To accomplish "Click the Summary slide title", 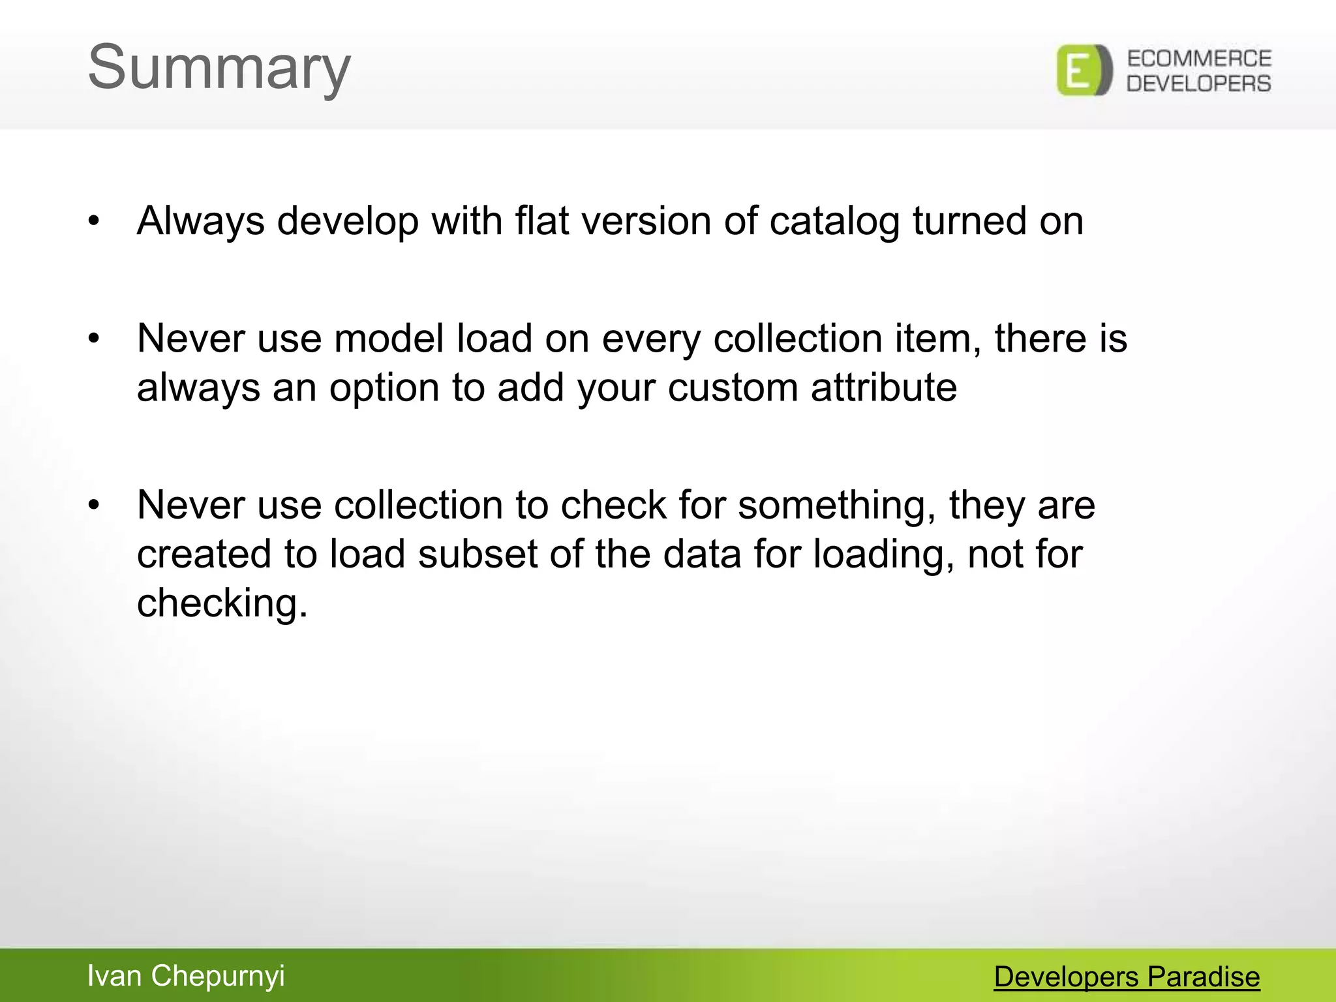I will pyautogui.click(x=219, y=68).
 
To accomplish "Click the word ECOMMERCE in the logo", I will pyautogui.click(x=1199, y=59).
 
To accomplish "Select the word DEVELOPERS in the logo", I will pyautogui.click(x=1199, y=83).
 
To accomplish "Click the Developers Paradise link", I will pyautogui.click(x=1127, y=977).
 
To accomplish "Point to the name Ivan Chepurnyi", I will pyautogui.click(x=186, y=976).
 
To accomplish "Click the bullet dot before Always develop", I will pyautogui.click(x=95, y=221).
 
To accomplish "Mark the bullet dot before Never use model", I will pyautogui.click(x=95, y=339).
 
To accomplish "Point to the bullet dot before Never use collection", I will pyautogui.click(x=95, y=506).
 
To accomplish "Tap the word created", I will pyautogui.click(x=204, y=554).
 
